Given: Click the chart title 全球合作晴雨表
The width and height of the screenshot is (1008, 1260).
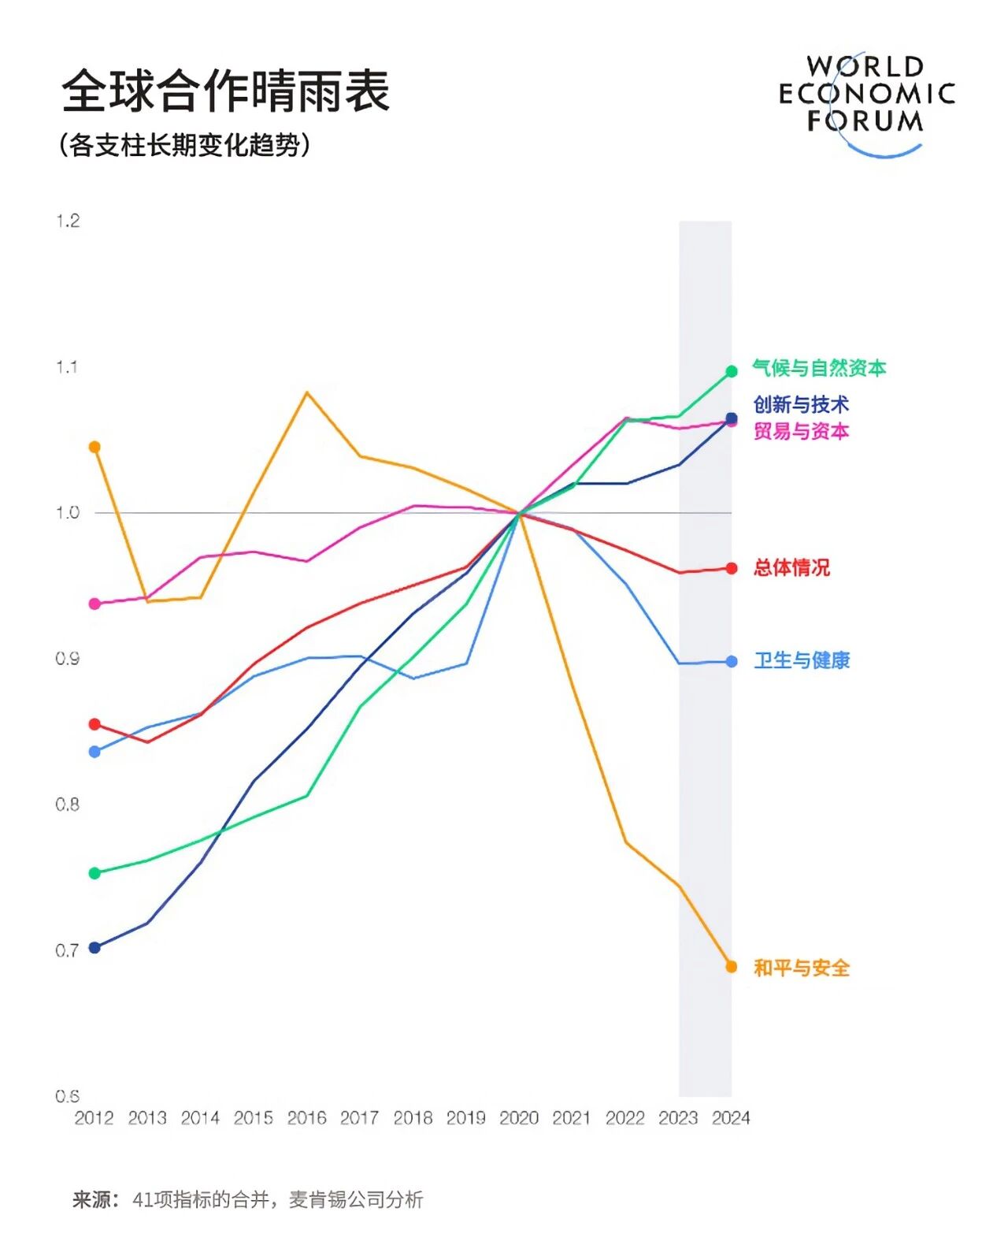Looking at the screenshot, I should (x=226, y=91).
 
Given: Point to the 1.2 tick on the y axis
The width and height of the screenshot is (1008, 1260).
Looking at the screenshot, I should (x=68, y=221).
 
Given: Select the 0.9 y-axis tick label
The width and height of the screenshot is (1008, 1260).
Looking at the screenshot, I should (x=68, y=659).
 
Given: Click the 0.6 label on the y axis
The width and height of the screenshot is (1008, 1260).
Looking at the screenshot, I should (x=68, y=1096).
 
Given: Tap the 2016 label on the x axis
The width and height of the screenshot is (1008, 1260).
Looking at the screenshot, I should (x=306, y=1118).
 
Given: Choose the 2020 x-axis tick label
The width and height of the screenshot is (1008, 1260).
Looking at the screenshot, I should (x=519, y=1118).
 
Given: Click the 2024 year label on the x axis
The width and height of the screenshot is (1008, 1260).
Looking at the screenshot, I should (x=731, y=1118).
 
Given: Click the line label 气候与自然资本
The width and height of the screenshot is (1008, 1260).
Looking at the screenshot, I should (x=819, y=368).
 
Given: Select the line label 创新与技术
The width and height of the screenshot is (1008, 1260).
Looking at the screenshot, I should (x=801, y=405).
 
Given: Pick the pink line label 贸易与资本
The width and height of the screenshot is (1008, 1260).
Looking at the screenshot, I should (x=801, y=432).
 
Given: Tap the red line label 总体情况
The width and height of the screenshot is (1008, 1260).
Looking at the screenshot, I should (x=791, y=568).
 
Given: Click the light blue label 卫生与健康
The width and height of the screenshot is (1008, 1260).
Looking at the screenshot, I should (x=802, y=661).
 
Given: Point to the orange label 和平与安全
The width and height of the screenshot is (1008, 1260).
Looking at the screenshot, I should (x=802, y=968).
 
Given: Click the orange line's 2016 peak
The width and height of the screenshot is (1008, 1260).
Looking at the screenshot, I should (x=306, y=392).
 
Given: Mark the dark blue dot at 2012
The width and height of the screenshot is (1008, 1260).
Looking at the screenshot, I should (x=94, y=947).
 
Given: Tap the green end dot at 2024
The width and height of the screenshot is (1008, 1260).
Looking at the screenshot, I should (x=732, y=371).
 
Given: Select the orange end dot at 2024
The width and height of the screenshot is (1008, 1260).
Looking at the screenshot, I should (x=732, y=967).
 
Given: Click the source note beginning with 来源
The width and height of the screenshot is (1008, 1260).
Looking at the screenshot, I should (x=248, y=1200).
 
